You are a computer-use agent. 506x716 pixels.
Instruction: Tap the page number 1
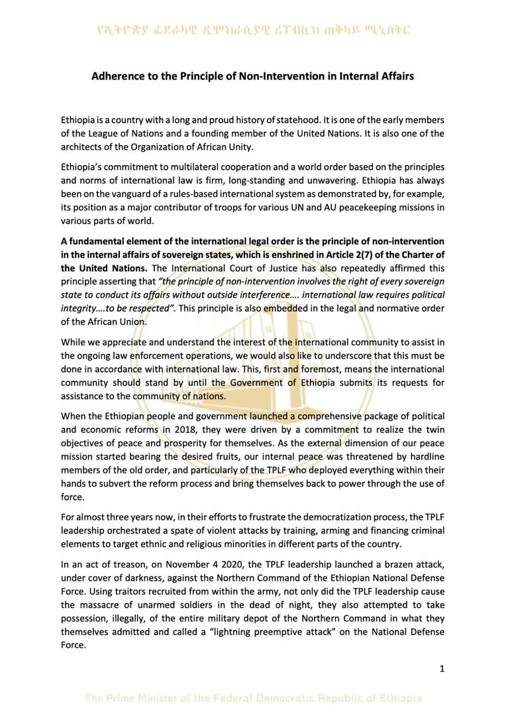click(442, 668)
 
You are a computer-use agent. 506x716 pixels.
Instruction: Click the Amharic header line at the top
click(252, 30)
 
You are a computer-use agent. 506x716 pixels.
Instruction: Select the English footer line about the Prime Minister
click(252, 698)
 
